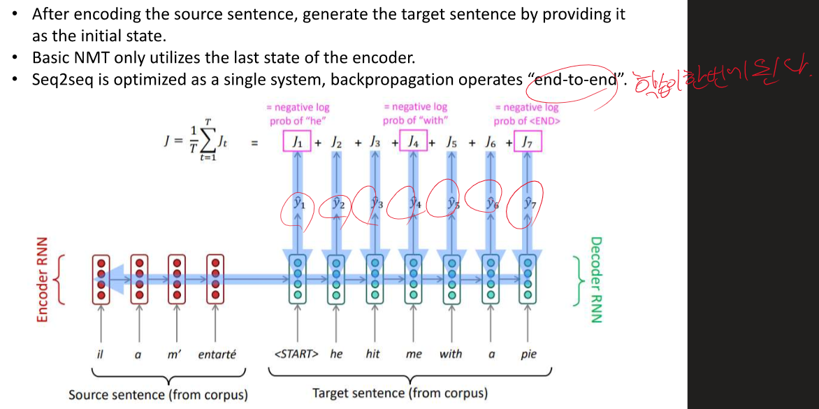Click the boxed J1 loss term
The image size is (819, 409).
coord(297,143)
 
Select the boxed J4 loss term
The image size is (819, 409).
coord(415,143)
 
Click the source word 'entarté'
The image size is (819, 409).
coord(217,354)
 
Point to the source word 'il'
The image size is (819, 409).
coord(101,354)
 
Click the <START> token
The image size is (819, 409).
coord(296,354)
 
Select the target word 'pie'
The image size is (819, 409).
coord(528,354)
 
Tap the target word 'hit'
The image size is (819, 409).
coord(373,354)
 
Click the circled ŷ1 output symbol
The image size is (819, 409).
coord(298,204)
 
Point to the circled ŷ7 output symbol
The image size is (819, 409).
coord(528,204)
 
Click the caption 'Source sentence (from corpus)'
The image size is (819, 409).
coord(158,395)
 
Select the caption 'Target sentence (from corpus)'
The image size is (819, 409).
coord(400,393)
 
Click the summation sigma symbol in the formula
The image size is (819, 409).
coord(208,142)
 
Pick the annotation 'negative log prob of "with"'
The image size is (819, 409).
coord(415,113)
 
